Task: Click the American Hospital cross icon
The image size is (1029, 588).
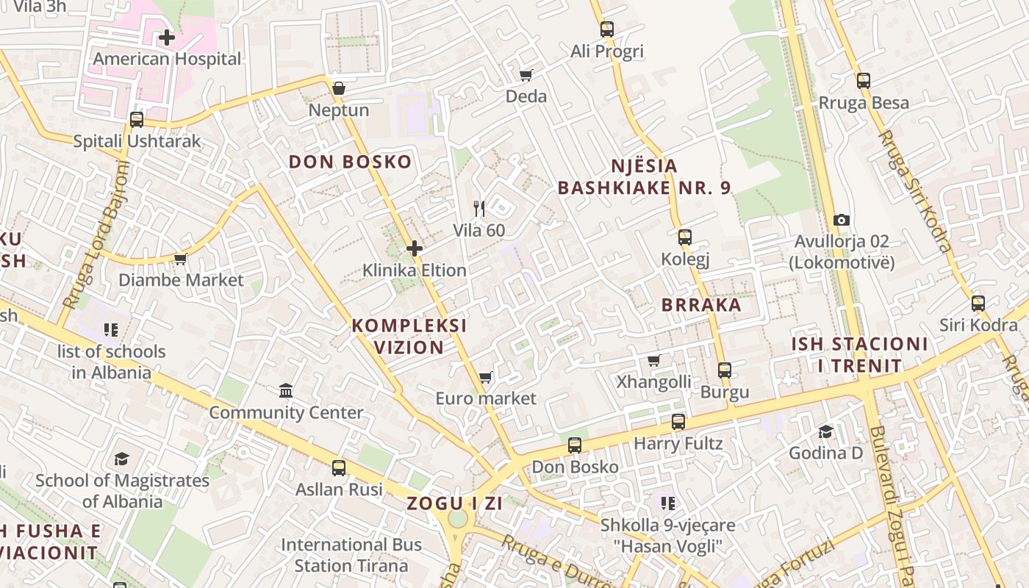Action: click(x=167, y=37)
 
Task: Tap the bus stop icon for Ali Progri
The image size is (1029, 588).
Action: click(x=606, y=29)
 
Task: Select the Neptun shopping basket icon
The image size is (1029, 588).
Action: click(x=338, y=88)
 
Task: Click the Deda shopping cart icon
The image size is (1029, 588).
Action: click(x=526, y=75)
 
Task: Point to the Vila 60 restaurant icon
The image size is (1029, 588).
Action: click(x=479, y=209)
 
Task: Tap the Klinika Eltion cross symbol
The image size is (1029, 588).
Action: click(x=415, y=248)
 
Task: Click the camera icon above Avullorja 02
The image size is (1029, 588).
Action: click(x=842, y=220)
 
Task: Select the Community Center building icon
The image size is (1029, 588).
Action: click(x=286, y=390)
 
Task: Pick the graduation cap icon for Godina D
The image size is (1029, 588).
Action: click(x=825, y=431)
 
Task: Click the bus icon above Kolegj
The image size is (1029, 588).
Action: click(x=685, y=237)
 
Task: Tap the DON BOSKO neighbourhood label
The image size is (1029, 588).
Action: click(x=350, y=162)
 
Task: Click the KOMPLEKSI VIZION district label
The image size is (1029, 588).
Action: click(x=409, y=336)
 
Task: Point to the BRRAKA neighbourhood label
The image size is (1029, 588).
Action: click(x=700, y=305)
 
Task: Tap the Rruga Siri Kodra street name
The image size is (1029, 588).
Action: click(x=916, y=191)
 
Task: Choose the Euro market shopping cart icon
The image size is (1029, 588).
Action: click(x=485, y=378)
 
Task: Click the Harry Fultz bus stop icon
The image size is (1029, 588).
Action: click(x=678, y=422)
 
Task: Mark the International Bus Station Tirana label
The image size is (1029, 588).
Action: click(x=351, y=555)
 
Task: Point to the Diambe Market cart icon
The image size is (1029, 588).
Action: click(x=180, y=259)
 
